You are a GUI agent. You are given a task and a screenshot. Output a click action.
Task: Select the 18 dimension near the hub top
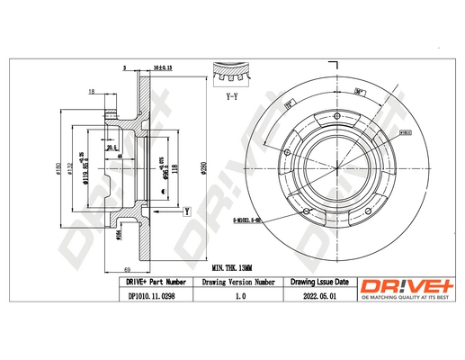[91, 93]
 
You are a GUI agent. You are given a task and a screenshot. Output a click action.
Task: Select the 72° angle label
[290, 105]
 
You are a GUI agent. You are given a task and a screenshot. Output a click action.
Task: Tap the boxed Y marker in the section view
[185, 211]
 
